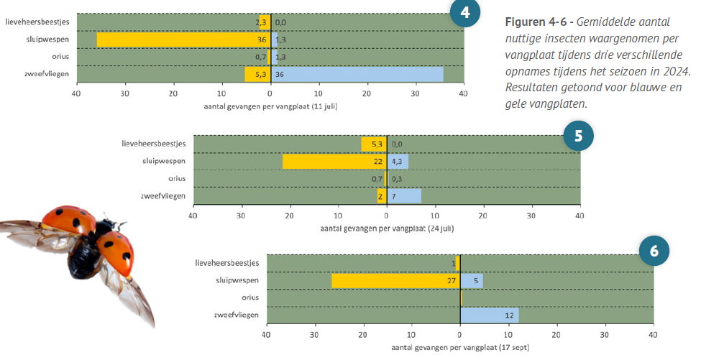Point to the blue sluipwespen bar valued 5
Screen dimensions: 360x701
(472, 280)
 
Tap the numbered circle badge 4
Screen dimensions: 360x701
(464, 13)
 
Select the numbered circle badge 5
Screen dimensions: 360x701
(577, 134)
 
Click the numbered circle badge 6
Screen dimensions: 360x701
(654, 251)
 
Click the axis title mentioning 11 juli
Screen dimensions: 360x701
(270, 106)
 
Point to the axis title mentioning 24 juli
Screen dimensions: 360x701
(387, 228)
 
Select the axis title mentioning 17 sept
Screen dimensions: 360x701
(460, 347)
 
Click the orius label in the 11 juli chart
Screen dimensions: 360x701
(60, 56)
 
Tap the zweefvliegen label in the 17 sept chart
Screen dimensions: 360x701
(237, 314)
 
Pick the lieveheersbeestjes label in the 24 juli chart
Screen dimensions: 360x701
(154, 144)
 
